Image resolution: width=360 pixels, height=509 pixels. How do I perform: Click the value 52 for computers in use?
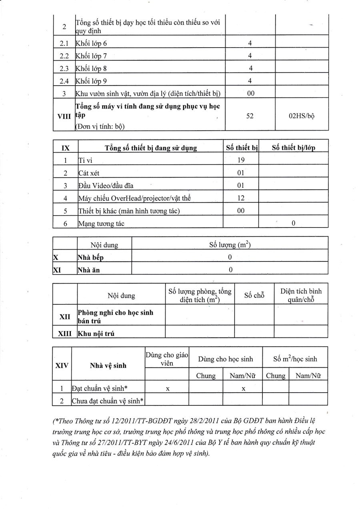tap(250, 116)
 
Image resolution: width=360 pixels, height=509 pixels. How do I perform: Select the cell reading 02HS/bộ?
tap(301, 116)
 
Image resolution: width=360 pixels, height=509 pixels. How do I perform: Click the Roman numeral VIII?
tap(64, 116)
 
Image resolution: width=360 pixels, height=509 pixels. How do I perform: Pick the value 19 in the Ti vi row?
tap(241, 160)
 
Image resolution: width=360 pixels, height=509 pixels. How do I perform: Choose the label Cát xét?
tap(89, 173)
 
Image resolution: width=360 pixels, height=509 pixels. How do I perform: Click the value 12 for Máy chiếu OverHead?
tap(241, 198)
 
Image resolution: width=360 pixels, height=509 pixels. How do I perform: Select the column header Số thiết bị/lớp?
tap(293, 148)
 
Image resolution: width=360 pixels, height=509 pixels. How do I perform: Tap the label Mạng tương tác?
tap(102, 224)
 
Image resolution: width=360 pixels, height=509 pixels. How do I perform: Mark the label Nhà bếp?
tap(90, 257)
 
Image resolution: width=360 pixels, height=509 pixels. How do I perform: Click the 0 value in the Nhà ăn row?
tap(230, 270)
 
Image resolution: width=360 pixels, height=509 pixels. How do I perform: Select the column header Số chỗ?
tap(254, 295)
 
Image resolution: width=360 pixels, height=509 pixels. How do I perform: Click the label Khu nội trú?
tap(96, 334)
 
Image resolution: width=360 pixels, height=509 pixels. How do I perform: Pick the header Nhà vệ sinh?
tap(108, 365)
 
